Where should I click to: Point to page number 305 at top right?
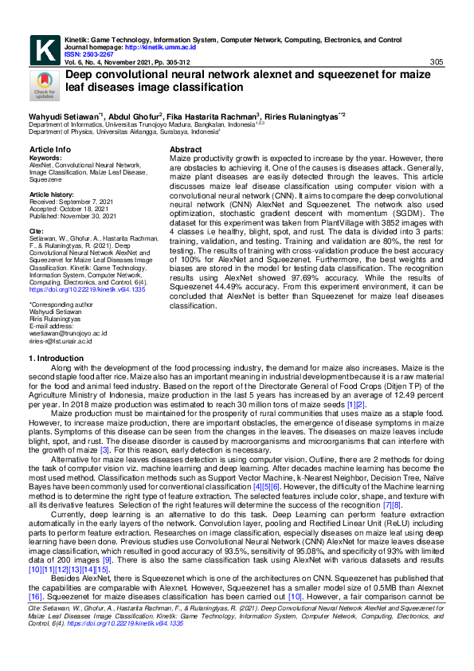[436, 62]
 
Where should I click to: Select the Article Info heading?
[49, 150]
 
